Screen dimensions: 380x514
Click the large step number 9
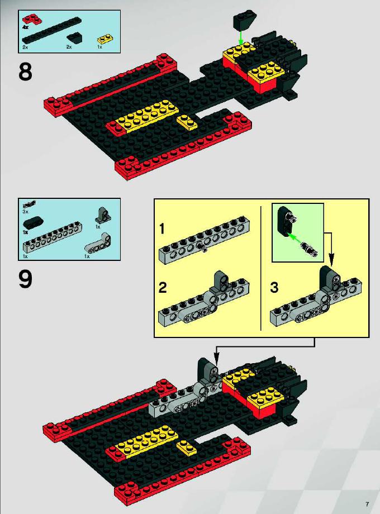[x=25, y=279]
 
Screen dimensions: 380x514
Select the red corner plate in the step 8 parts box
[x=32, y=20]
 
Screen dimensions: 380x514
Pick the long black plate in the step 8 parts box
[x=51, y=30]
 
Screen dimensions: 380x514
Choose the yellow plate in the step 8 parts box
[x=105, y=39]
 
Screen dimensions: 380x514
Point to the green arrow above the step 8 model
[x=241, y=37]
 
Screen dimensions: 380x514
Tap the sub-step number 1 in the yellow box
[x=161, y=229]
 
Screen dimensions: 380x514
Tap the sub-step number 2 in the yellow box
[x=163, y=288]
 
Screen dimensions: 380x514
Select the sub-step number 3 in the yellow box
[x=274, y=288]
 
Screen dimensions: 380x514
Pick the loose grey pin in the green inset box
[x=310, y=249]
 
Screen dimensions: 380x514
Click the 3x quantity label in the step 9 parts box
[x=25, y=211]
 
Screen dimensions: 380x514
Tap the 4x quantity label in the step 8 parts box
[x=25, y=27]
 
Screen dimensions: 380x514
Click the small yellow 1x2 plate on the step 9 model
[x=187, y=448]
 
